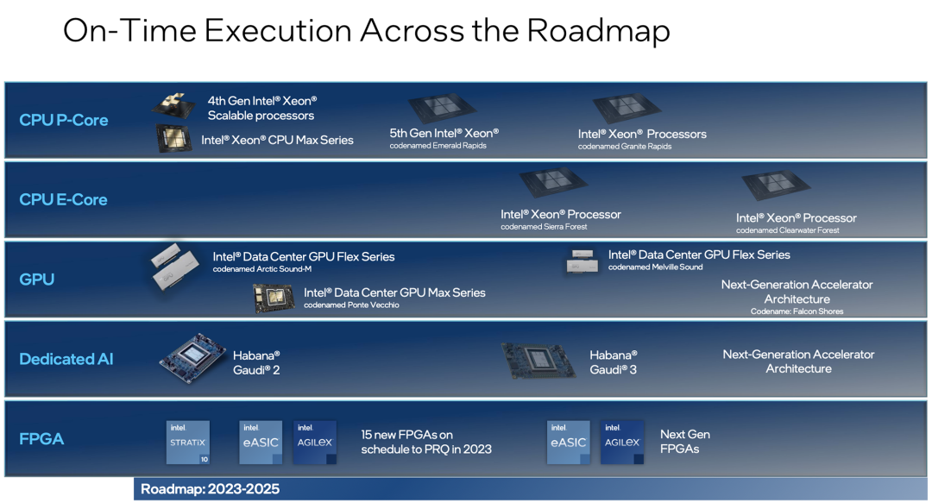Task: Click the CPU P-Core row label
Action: point(64,120)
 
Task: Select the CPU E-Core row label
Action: point(63,200)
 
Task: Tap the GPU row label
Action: point(37,280)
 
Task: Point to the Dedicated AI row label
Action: point(66,359)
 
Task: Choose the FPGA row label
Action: point(41,439)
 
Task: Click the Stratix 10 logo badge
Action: point(188,443)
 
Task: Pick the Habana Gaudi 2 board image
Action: point(192,358)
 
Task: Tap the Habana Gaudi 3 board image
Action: point(538,361)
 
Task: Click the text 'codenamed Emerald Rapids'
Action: point(438,146)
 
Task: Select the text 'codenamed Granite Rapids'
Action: point(625,147)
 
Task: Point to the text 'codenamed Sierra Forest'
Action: point(544,227)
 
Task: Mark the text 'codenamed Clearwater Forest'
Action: point(788,230)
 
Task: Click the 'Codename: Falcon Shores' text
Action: point(797,311)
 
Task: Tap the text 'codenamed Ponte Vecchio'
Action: point(351,305)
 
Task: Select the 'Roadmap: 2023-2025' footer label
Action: point(210,488)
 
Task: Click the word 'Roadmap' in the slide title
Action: point(598,31)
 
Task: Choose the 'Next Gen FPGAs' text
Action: point(685,442)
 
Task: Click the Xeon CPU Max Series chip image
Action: point(173,138)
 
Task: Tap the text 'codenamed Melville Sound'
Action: point(655,267)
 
